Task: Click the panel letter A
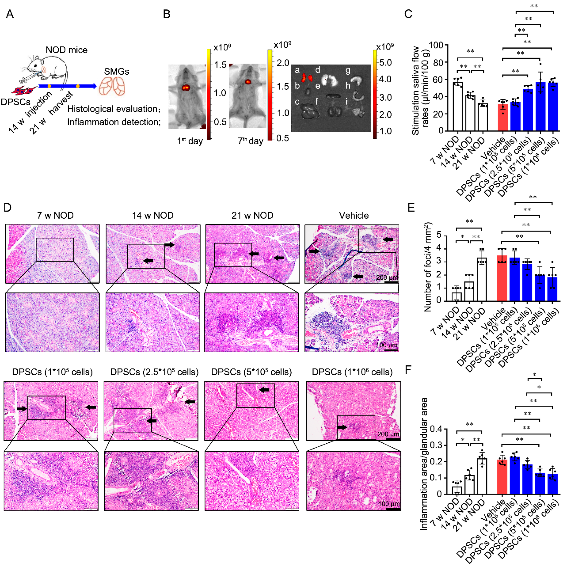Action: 10,14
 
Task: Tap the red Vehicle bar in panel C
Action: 503,118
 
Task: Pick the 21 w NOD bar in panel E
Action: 482,279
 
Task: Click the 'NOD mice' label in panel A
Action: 66,50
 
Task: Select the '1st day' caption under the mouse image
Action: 190,141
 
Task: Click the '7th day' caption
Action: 250,141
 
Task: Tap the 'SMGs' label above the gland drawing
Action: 116,72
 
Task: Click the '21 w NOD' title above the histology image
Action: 252,216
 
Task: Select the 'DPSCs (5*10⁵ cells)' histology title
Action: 251,372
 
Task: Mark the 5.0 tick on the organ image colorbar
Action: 385,63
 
